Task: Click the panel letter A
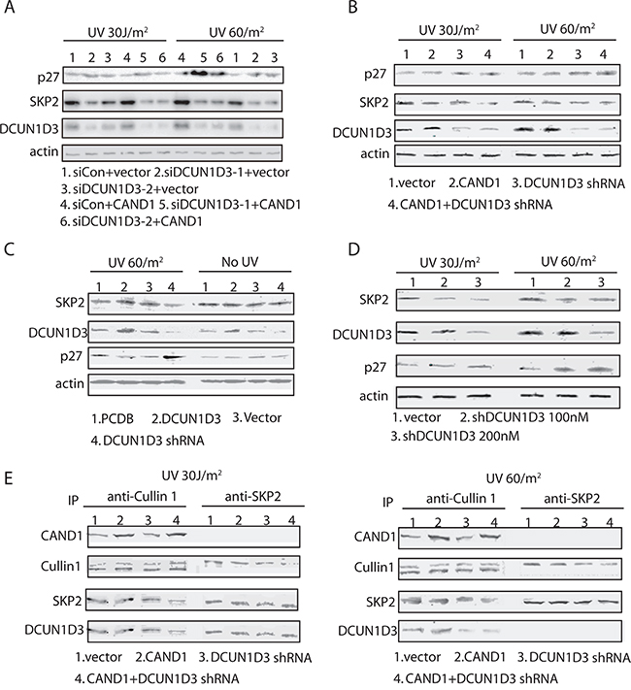click(x=10, y=8)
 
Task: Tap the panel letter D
click(x=353, y=249)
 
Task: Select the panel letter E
click(x=9, y=477)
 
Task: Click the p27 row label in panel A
click(x=48, y=77)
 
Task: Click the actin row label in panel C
click(x=69, y=383)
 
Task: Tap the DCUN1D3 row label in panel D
click(x=362, y=335)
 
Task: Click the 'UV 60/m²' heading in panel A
click(x=237, y=32)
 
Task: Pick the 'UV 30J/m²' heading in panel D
click(x=449, y=263)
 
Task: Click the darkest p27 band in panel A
click(x=198, y=73)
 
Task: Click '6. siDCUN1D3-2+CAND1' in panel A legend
click(x=131, y=221)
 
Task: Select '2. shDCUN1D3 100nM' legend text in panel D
click(x=524, y=416)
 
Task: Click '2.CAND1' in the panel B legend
click(x=475, y=182)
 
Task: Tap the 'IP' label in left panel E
click(x=73, y=501)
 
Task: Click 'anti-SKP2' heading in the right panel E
click(x=572, y=498)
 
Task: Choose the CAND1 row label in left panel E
click(x=61, y=536)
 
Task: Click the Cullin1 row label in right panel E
click(x=374, y=567)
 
